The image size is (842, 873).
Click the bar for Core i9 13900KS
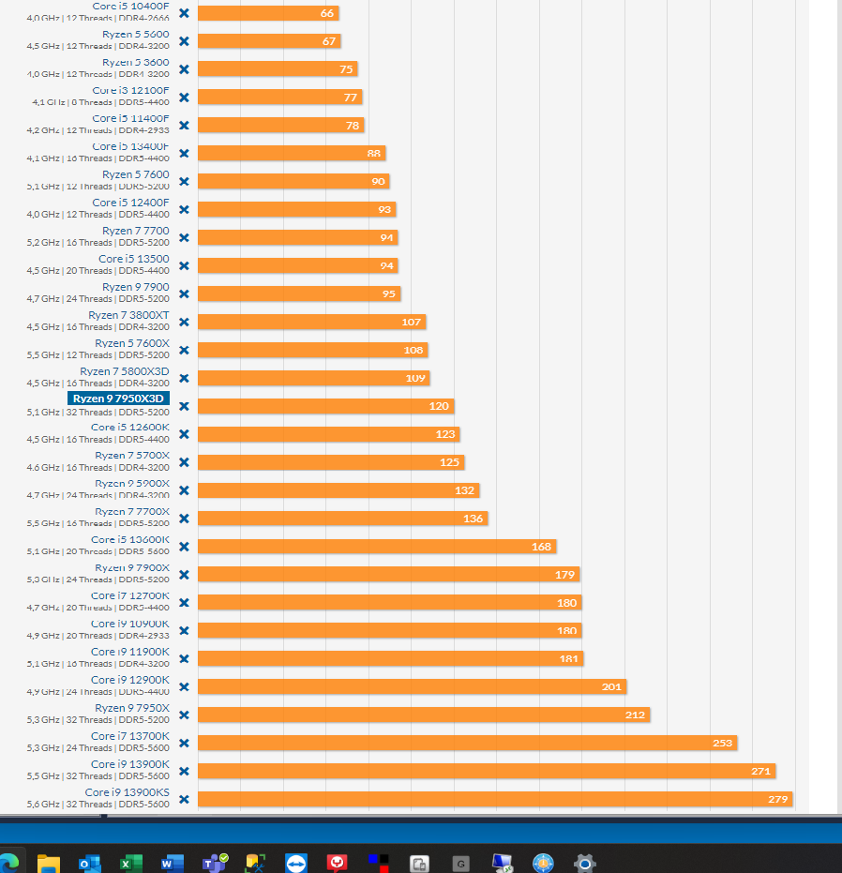point(495,799)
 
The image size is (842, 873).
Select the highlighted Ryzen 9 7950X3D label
point(119,399)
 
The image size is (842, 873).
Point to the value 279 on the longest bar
point(778,799)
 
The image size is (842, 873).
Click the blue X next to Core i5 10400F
point(184,13)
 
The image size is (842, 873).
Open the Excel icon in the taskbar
point(129,863)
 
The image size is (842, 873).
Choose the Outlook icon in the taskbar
point(89,863)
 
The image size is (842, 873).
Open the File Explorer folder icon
point(49,863)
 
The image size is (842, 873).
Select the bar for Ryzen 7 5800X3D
point(314,378)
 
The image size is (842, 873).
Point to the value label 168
point(541,547)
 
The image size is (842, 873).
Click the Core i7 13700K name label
point(130,737)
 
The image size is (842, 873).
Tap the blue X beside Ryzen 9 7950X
point(184,715)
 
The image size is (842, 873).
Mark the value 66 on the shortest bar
point(327,13)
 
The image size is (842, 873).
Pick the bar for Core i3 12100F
point(280,97)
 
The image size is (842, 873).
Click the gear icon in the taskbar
point(585,863)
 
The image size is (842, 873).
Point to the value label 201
point(611,687)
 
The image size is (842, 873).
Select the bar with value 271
point(487,771)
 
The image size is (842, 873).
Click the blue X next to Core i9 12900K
point(184,686)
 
